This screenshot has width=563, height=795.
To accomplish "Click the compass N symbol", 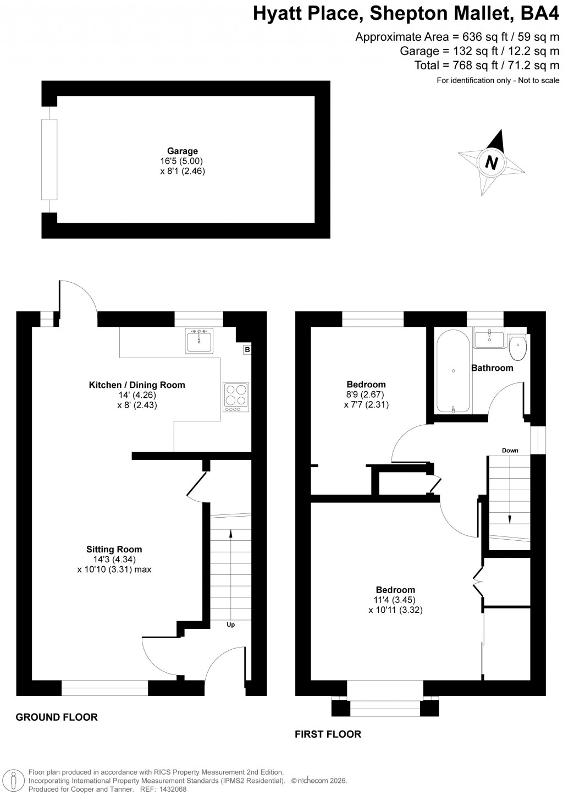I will pyautogui.click(x=491, y=163).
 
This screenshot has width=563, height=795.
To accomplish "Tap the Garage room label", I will pyautogui.click(x=183, y=151).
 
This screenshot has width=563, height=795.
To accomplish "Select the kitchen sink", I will pyautogui.click(x=199, y=341).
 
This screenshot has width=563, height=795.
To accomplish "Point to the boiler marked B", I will pyautogui.click(x=247, y=349).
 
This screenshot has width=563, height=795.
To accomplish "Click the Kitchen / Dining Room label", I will pyautogui.click(x=137, y=385).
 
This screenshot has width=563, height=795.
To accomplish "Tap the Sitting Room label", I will pyautogui.click(x=114, y=549).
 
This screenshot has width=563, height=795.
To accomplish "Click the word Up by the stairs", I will pyautogui.click(x=231, y=624).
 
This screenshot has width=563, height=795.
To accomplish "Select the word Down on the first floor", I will pyautogui.click(x=510, y=451).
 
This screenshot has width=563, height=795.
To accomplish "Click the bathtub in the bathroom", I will pyautogui.click(x=453, y=371).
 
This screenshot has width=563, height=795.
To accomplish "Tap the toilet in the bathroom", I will pyautogui.click(x=518, y=347).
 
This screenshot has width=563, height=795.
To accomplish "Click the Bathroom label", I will pyautogui.click(x=492, y=368).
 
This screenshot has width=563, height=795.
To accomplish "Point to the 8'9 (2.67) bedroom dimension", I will pyautogui.click(x=366, y=394).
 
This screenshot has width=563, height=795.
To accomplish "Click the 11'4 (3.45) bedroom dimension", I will pyautogui.click(x=395, y=600).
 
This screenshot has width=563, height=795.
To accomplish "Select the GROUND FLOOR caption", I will pyautogui.click(x=57, y=717).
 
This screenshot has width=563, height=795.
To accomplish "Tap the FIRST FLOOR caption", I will pyautogui.click(x=328, y=734).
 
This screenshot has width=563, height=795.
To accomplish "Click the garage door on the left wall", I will pyautogui.click(x=49, y=160).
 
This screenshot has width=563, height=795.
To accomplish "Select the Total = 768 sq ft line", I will pyautogui.click(x=487, y=65).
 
